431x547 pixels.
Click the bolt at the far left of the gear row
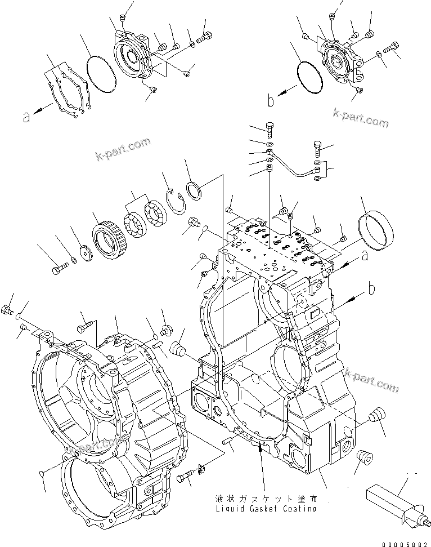pos(57,270)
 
